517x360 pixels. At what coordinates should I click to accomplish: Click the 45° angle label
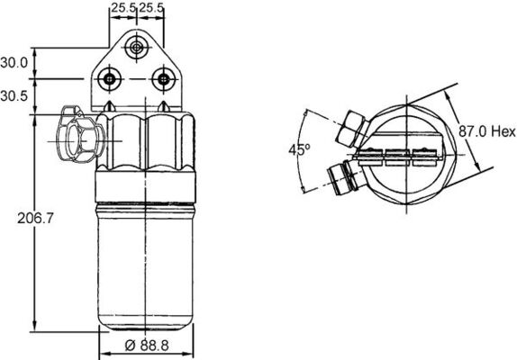pos(297,150)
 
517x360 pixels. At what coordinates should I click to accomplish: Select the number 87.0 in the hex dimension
pos(473,131)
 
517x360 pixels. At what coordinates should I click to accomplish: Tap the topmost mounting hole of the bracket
pos(136,48)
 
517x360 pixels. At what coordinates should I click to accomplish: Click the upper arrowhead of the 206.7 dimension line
pos(34,118)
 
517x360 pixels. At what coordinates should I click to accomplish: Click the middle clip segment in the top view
pos(395,154)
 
